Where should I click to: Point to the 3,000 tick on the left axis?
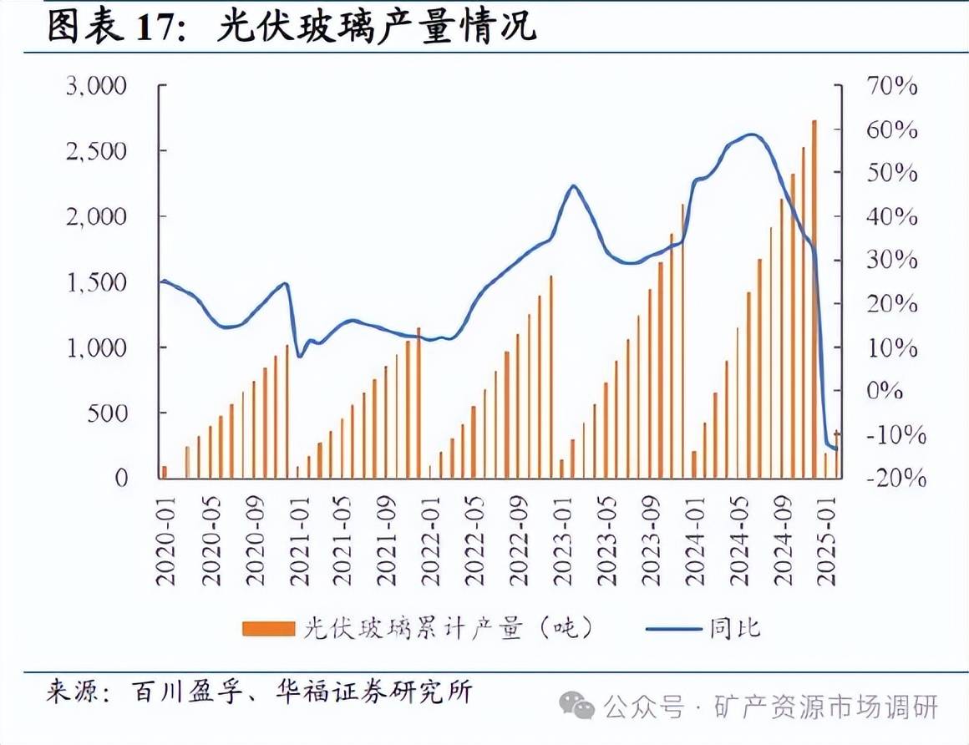point(96,86)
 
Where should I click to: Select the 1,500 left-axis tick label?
point(96,282)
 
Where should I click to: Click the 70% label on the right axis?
point(891,86)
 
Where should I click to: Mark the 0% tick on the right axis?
point(895,391)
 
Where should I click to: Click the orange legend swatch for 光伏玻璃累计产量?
point(268,628)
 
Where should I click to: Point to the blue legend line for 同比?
point(673,628)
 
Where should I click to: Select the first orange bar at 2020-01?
point(165,472)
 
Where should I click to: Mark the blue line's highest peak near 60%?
point(752,134)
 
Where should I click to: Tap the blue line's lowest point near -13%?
point(835,449)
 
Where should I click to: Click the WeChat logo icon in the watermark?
point(577,707)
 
